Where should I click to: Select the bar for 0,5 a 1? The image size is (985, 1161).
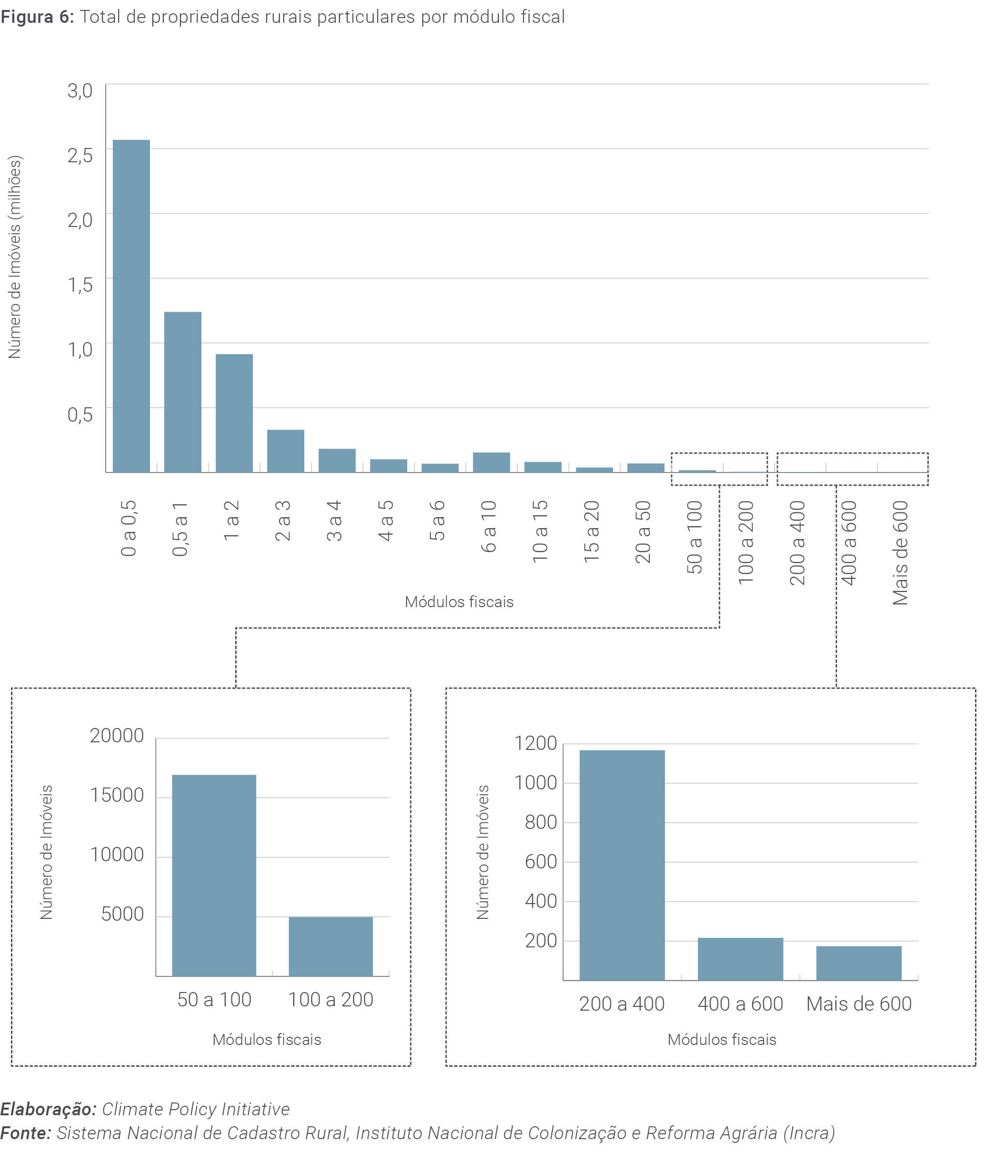coord(183,392)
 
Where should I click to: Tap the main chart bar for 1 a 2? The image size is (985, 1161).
coord(234,413)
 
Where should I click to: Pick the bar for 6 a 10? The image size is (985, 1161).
coord(491,462)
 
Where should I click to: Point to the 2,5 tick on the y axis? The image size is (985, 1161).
coord(80,155)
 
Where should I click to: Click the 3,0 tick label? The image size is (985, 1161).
coord(80,90)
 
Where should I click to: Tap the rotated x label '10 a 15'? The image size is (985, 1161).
coord(540,531)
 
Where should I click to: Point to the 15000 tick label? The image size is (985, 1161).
coord(117,795)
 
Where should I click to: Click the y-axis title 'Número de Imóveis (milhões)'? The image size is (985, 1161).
coord(14,257)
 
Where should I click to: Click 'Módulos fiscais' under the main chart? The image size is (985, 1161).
coord(459,602)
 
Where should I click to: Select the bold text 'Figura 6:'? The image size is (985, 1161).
coord(37,17)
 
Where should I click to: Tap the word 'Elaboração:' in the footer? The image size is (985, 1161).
coord(49,1109)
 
